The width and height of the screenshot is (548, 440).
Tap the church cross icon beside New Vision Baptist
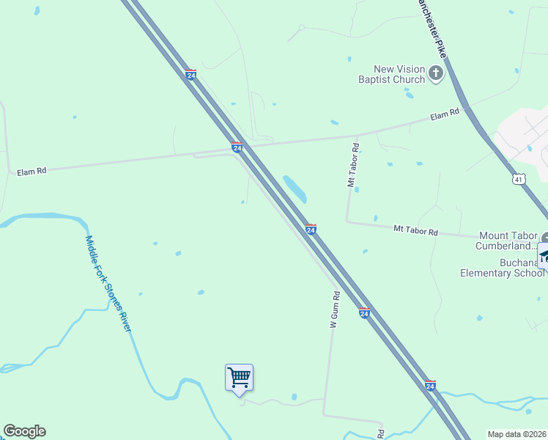436,73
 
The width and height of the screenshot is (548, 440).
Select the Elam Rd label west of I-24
32,171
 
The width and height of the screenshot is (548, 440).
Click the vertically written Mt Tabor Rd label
352,166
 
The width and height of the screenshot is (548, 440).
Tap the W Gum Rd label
335,309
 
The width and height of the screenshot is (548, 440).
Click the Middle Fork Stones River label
107,283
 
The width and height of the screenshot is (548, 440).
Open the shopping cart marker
239,378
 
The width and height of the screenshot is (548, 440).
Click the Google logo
24,431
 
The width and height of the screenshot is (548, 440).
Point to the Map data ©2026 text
517,433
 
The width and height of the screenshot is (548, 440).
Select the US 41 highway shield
519,179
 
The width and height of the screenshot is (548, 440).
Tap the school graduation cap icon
544,256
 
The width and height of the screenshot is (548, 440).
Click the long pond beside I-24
295,189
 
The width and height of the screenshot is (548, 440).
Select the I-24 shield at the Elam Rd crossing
237,147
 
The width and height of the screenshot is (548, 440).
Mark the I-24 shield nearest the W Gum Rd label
364,313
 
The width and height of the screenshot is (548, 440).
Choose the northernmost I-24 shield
190,75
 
